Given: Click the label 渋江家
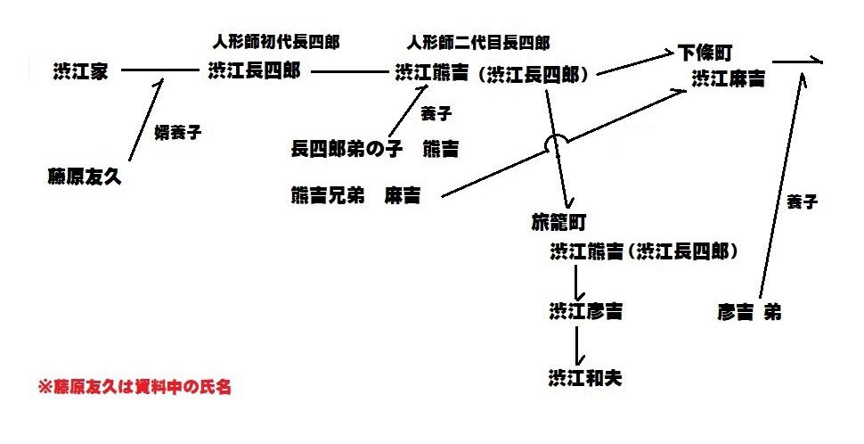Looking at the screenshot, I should [80, 71].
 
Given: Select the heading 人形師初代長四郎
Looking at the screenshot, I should [276, 42].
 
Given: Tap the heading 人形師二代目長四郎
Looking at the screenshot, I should [477, 42].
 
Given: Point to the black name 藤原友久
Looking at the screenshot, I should [84, 177].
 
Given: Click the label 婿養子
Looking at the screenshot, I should [178, 133].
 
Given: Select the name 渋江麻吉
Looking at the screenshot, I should [728, 78].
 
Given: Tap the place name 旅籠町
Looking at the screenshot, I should [558, 219].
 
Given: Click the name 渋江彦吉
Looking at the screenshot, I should [585, 311].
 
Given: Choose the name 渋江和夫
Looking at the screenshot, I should [585, 377].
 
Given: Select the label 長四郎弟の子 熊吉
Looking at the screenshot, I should [374, 147].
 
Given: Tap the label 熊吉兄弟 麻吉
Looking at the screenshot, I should [355, 196].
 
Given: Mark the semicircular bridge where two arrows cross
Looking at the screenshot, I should [556, 142].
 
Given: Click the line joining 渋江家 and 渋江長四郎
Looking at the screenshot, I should [160, 70].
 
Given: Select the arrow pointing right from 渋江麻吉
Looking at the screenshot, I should [799, 62].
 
